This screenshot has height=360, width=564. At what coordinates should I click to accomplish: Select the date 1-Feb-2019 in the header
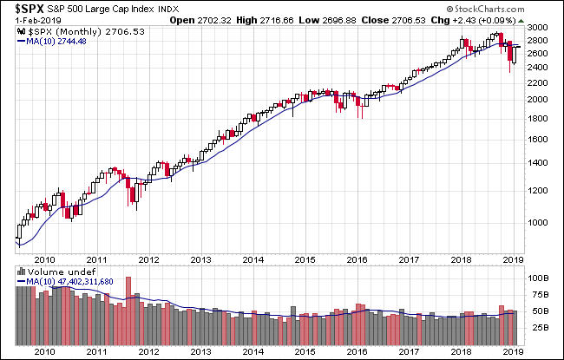click(x=32, y=20)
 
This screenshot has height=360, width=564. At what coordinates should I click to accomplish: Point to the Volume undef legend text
click(x=52, y=271)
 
